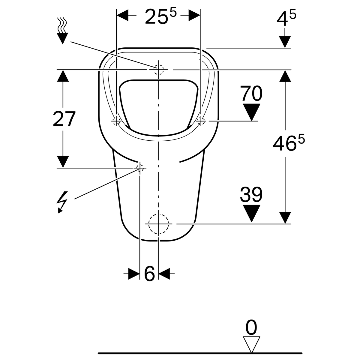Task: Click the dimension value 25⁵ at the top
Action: (x=161, y=17)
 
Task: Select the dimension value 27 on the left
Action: (x=64, y=119)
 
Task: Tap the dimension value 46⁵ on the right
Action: (x=289, y=143)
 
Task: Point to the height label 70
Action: (x=251, y=93)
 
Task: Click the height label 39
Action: (x=251, y=194)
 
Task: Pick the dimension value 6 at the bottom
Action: (x=149, y=274)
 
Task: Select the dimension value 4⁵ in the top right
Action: (x=286, y=18)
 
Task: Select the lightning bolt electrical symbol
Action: (x=62, y=202)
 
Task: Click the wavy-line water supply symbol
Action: (x=62, y=31)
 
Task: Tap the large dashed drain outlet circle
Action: (x=159, y=223)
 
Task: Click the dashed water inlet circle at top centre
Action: (x=159, y=70)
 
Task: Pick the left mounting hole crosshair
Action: (x=116, y=121)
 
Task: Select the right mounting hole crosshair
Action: (x=201, y=121)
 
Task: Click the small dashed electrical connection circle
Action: (x=140, y=168)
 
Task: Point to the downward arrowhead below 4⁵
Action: (x=285, y=42)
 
